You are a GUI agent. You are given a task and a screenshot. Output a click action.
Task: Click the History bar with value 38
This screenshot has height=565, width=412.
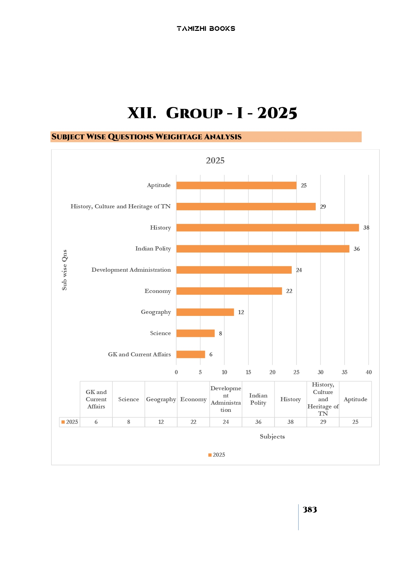267,228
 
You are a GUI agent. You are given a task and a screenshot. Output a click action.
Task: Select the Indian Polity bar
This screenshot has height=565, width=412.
263,249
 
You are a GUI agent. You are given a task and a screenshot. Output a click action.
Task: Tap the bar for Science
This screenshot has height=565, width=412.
195,333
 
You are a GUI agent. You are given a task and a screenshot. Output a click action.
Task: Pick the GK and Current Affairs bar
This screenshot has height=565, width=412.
191,355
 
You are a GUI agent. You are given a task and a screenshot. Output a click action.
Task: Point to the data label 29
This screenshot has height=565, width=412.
323,207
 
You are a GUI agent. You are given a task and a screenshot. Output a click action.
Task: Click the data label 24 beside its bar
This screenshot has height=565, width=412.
299,270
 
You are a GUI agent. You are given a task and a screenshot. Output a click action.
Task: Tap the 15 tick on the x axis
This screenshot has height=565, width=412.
248,372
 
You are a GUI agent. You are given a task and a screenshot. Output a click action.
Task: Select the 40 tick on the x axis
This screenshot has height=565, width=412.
368,372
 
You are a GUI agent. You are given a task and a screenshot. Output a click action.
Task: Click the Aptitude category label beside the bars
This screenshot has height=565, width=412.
159,185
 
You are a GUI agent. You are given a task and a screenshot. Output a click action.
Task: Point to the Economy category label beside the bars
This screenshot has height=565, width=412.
158,291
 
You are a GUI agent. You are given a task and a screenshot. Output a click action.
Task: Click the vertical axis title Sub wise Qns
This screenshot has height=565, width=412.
64,270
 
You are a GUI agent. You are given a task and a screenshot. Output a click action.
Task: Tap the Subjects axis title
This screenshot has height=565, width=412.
272,437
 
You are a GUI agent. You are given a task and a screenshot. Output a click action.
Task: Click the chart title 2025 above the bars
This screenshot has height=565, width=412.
215,161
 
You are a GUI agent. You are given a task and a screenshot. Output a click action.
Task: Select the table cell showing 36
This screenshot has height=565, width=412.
258,422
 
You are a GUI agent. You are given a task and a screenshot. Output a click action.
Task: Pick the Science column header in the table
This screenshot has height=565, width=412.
129,400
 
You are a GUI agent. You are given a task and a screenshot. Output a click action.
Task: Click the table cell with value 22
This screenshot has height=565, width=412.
193,422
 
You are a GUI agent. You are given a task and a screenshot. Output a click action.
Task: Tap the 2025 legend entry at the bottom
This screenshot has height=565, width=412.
217,455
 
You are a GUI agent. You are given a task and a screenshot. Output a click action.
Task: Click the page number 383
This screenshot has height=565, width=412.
310,510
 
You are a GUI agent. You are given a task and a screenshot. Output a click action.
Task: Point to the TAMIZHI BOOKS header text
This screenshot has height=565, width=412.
206,29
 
